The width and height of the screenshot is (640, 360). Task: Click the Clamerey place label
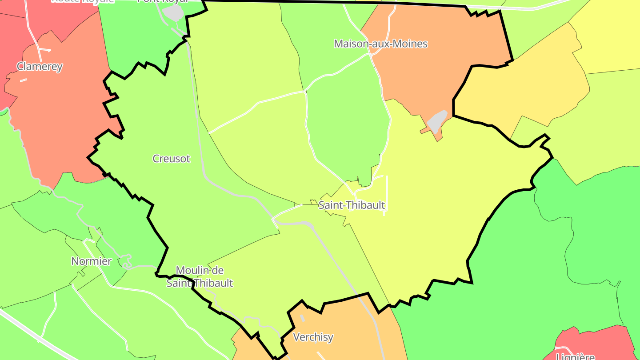point(40,67)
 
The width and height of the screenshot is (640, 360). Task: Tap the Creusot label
point(171,159)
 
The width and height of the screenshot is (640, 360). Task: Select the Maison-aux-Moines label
point(380,44)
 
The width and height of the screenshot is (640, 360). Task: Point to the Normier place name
point(92,261)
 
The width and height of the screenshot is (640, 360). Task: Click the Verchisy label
point(313,337)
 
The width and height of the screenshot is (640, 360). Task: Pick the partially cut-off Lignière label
point(575,356)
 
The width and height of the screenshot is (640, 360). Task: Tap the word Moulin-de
point(200,270)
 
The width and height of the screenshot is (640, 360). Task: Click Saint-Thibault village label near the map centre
point(352,205)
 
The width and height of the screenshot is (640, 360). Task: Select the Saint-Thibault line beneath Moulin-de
point(200,283)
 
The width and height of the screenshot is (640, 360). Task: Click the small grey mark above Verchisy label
point(303,318)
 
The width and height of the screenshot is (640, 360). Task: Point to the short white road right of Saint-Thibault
point(386,196)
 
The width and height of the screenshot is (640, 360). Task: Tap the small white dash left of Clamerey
point(23,80)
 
